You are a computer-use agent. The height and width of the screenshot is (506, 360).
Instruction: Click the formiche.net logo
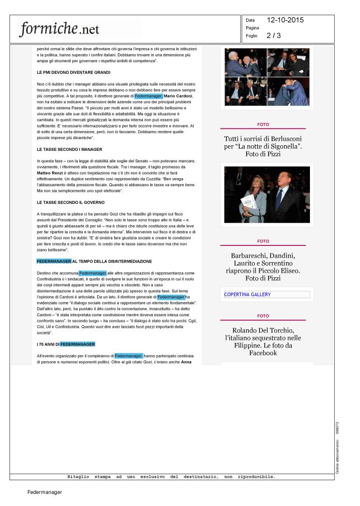point(60,29)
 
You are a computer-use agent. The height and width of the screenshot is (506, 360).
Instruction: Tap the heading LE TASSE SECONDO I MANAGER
point(69,150)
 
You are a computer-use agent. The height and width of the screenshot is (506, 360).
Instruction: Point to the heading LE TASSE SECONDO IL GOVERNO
point(70,202)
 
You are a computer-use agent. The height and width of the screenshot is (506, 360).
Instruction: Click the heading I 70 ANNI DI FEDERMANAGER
point(66,345)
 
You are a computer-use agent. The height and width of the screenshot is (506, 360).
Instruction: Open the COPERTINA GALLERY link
point(247,294)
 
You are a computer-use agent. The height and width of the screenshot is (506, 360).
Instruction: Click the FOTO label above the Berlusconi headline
point(263,124)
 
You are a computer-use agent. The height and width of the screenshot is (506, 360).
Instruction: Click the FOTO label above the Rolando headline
point(263,316)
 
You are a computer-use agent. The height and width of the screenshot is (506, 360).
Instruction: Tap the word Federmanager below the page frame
point(44,492)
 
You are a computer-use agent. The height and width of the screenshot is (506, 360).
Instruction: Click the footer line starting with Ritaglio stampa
point(171,477)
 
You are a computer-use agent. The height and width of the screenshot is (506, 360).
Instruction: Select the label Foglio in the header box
point(252,36)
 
